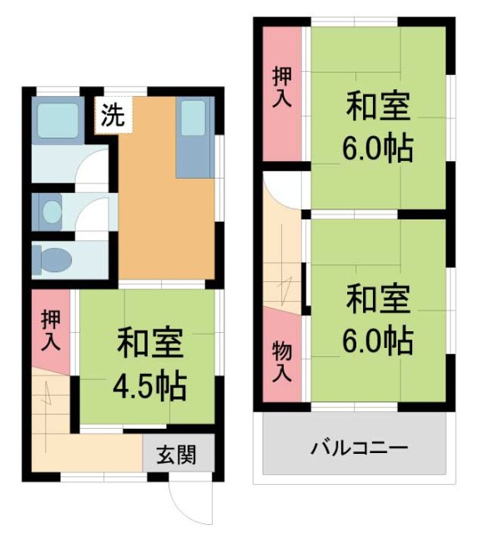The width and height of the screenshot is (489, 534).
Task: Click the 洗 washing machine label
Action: [111, 116]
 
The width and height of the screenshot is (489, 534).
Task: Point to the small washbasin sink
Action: [52, 212]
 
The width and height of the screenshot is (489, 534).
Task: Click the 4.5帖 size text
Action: [150, 386]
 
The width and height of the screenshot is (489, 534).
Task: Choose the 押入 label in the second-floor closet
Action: [282, 88]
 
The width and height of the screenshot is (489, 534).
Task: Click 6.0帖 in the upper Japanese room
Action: [377, 149]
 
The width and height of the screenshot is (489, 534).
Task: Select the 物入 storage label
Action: [282, 361]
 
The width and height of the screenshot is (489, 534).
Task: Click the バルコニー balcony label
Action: [360, 448]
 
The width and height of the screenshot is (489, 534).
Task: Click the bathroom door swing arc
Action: [92, 167]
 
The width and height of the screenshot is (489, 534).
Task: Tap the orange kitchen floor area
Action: [159, 217]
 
